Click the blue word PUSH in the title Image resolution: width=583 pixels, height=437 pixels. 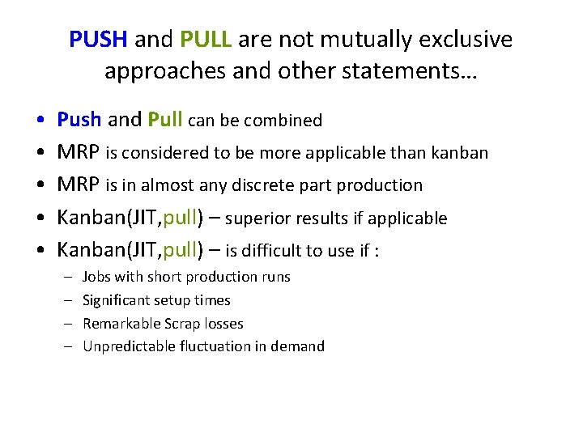coord(99,39)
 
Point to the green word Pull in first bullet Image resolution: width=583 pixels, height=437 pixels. coord(166,120)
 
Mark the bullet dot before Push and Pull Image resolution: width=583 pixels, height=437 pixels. coord(40,121)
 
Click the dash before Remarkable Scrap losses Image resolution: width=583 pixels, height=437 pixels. coord(69,324)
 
